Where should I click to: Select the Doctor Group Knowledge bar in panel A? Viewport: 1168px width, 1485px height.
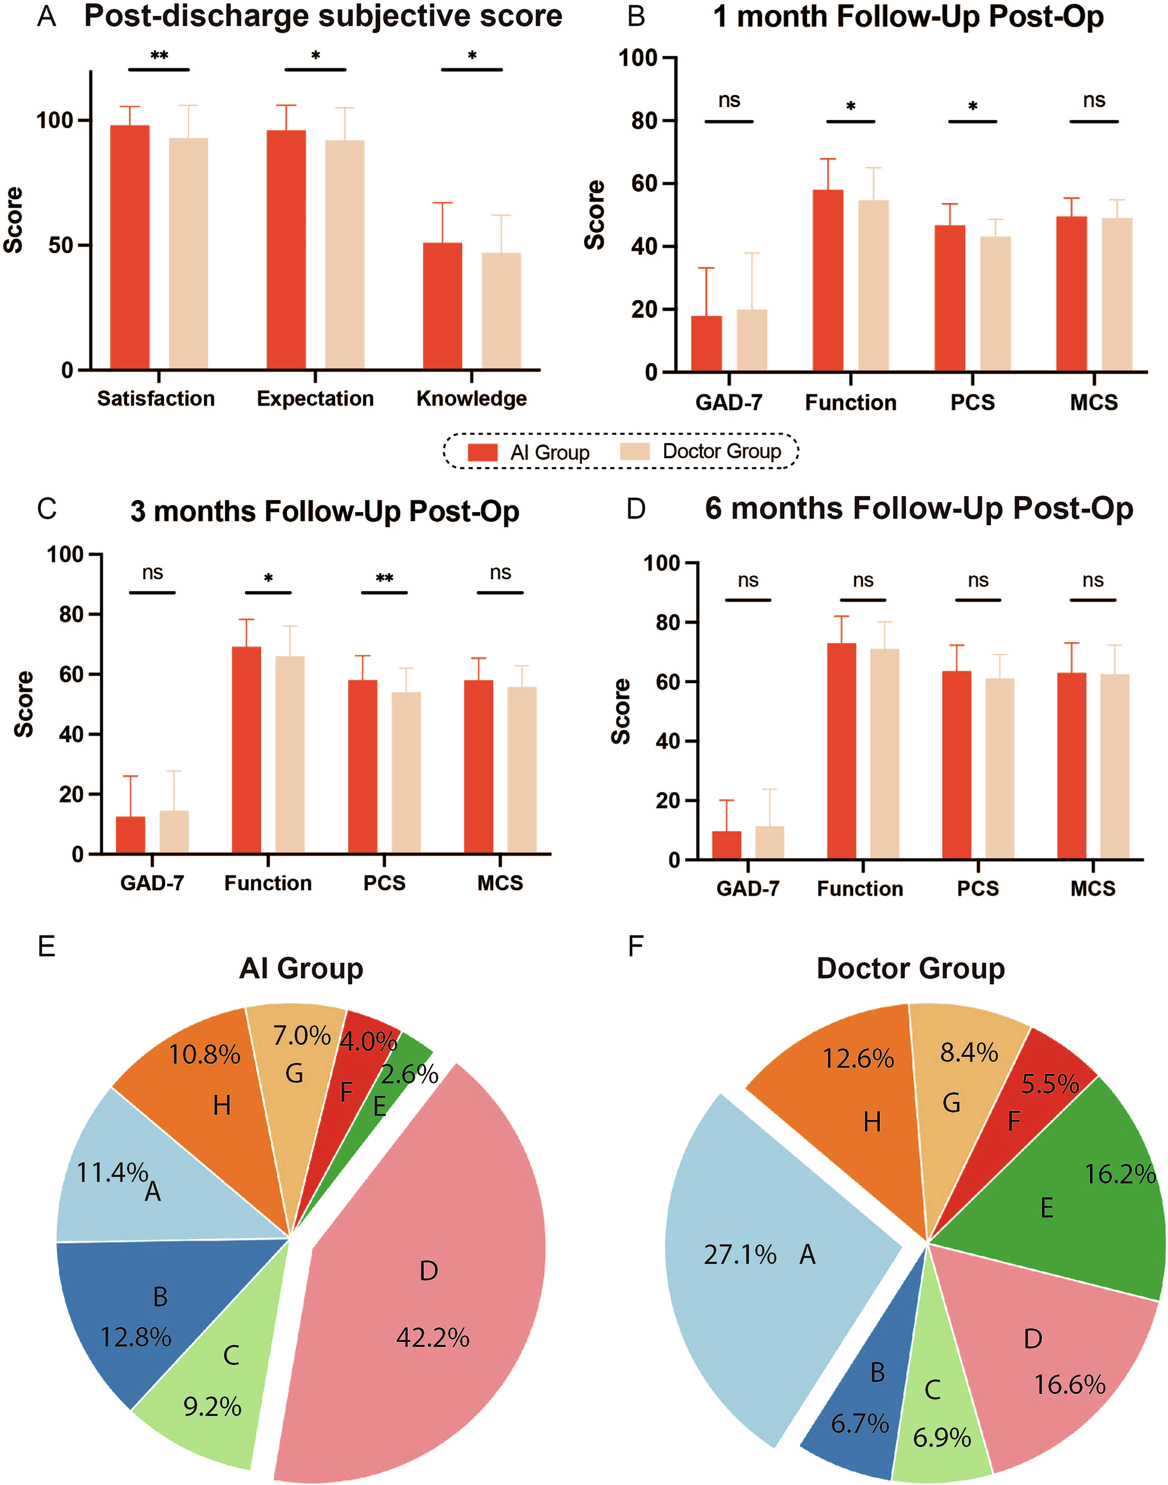(x=501, y=311)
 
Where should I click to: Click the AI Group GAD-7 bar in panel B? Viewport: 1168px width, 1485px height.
(x=706, y=344)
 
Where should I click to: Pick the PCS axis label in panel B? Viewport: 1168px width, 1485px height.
(x=973, y=403)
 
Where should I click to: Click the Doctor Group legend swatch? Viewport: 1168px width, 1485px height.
(x=634, y=451)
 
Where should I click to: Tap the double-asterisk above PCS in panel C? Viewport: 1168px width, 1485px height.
(x=384, y=579)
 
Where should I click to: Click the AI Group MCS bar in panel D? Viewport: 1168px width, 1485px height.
(x=1072, y=766)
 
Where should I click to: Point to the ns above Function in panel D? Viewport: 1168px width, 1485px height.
(x=863, y=580)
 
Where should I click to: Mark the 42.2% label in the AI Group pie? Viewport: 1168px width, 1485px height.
(x=432, y=1337)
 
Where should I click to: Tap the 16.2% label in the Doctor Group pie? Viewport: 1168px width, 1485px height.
(x=1119, y=1174)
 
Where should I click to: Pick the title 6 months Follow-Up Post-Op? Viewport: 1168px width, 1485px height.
(x=919, y=508)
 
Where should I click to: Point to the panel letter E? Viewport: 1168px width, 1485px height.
(x=46, y=946)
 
